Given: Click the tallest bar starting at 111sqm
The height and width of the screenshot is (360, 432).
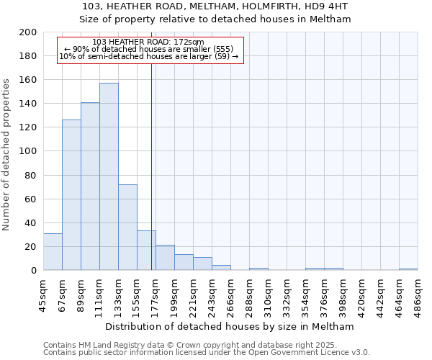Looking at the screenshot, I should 109,176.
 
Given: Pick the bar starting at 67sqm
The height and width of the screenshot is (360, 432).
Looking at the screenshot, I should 71,194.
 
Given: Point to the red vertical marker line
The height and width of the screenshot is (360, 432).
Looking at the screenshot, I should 151,166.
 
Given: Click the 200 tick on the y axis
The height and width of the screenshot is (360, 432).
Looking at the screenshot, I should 28,32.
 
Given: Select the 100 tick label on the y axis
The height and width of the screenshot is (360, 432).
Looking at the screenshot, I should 28,151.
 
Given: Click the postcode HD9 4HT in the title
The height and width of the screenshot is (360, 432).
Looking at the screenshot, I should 328,6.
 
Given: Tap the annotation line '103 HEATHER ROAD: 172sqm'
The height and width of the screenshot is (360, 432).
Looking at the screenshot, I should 149,42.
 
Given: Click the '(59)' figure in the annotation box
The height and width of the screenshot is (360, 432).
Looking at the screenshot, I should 221,56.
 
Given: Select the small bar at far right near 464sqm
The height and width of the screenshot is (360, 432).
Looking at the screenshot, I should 408,269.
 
